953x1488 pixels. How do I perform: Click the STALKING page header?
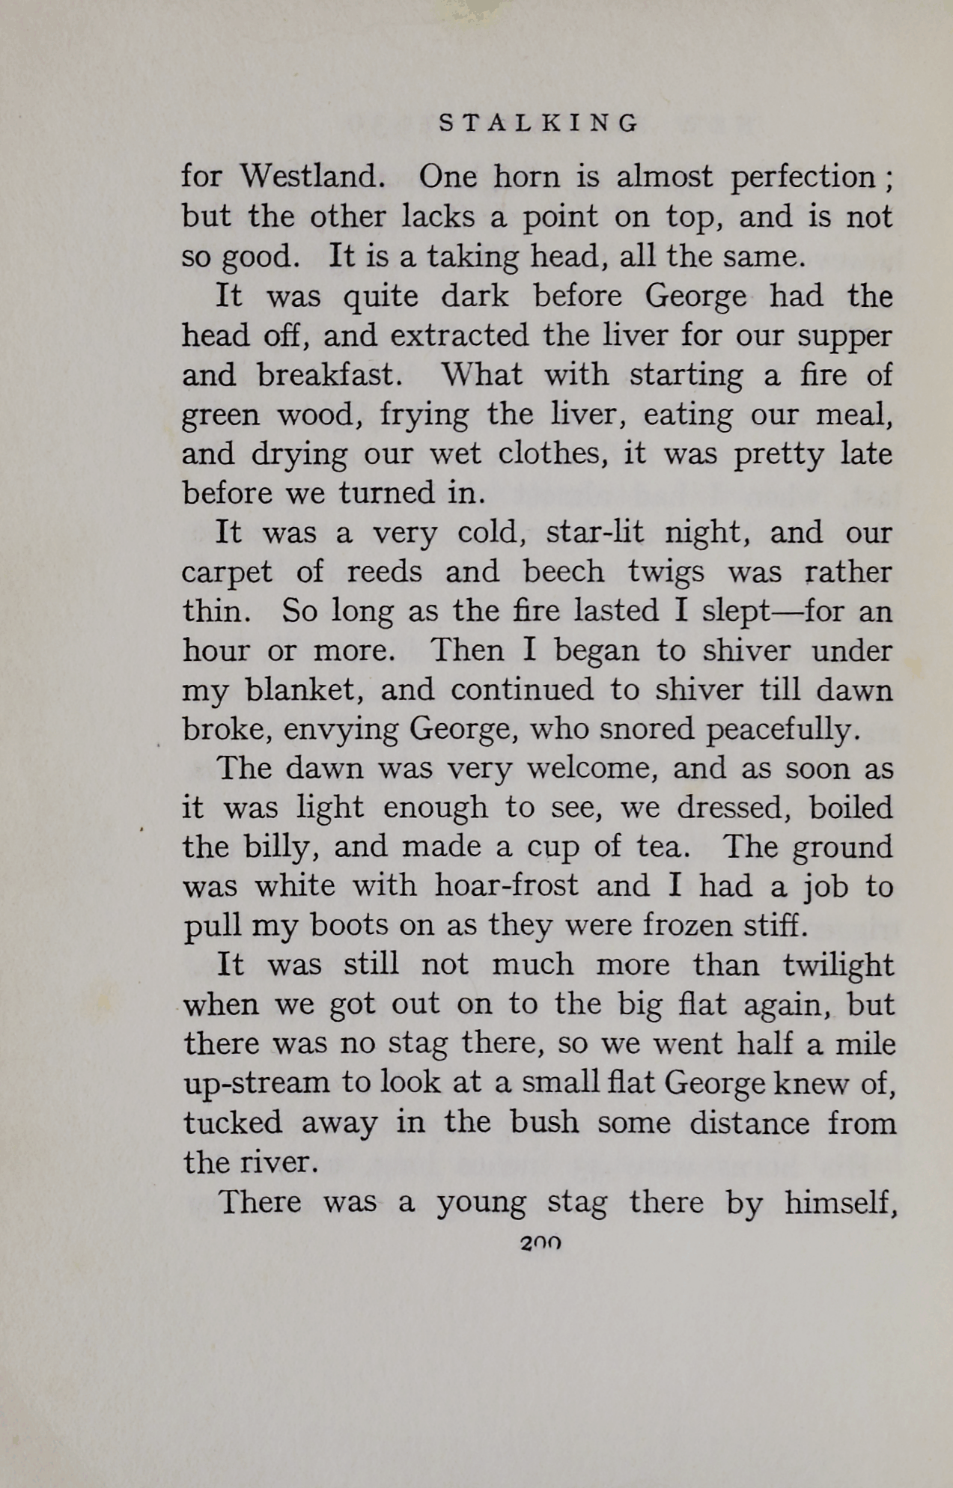pyautogui.click(x=539, y=123)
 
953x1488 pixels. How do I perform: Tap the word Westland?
pyautogui.click(x=313, y=177)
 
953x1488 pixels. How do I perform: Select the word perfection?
pyautogui.click(x=803, y=177)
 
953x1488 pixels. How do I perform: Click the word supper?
pyautogui.click(x=844, y=336)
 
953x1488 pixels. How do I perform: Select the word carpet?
pyautogui.click(x=227, y=573)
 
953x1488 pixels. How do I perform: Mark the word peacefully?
pyautogui.click(x=783, y=730)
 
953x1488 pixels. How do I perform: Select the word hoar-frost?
pyautogui.click(x=506, y=886)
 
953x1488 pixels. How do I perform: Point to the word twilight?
pyautogui.click(x=838, y=966)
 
